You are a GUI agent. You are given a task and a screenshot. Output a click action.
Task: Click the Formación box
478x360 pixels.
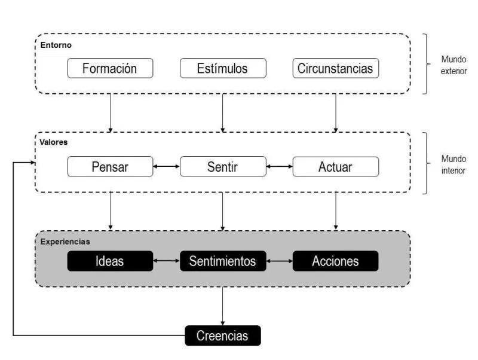(110, 68)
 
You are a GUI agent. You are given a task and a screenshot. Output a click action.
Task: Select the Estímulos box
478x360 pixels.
(222, 68)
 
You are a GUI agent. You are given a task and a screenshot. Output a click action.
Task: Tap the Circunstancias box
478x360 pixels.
(335, 68)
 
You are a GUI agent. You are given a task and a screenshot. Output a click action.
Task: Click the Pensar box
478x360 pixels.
(110, 167)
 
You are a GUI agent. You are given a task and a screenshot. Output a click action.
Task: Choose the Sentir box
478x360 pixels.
(222, 167)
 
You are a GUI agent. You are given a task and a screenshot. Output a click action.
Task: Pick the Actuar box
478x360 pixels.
(335, 167)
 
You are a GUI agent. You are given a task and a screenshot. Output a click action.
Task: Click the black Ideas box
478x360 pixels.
(110, 261)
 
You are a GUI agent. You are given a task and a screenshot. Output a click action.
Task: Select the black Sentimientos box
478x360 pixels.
(222, 261)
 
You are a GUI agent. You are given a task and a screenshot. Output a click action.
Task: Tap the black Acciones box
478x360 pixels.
(335, 261)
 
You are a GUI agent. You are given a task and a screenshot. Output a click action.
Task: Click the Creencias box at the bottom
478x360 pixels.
(223, 335)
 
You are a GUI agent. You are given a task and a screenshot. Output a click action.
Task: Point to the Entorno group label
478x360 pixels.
(57, 45)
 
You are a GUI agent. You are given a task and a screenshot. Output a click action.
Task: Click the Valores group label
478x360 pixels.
(54, 144)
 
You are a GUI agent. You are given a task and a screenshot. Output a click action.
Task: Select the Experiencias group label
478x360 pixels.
(65, 242)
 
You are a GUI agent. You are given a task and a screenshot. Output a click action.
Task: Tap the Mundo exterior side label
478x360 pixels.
(454, 65)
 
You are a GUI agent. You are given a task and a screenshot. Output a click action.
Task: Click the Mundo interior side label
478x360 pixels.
(454, 164)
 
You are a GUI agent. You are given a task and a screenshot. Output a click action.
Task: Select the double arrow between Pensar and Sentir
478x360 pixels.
(166, 167)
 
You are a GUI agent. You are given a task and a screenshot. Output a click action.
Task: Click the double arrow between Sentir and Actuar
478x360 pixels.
(278, 167)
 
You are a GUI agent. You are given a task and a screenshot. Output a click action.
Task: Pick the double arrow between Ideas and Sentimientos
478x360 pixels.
(166, 261)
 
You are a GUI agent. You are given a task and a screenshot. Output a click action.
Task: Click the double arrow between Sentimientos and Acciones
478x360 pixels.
(278, 261)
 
